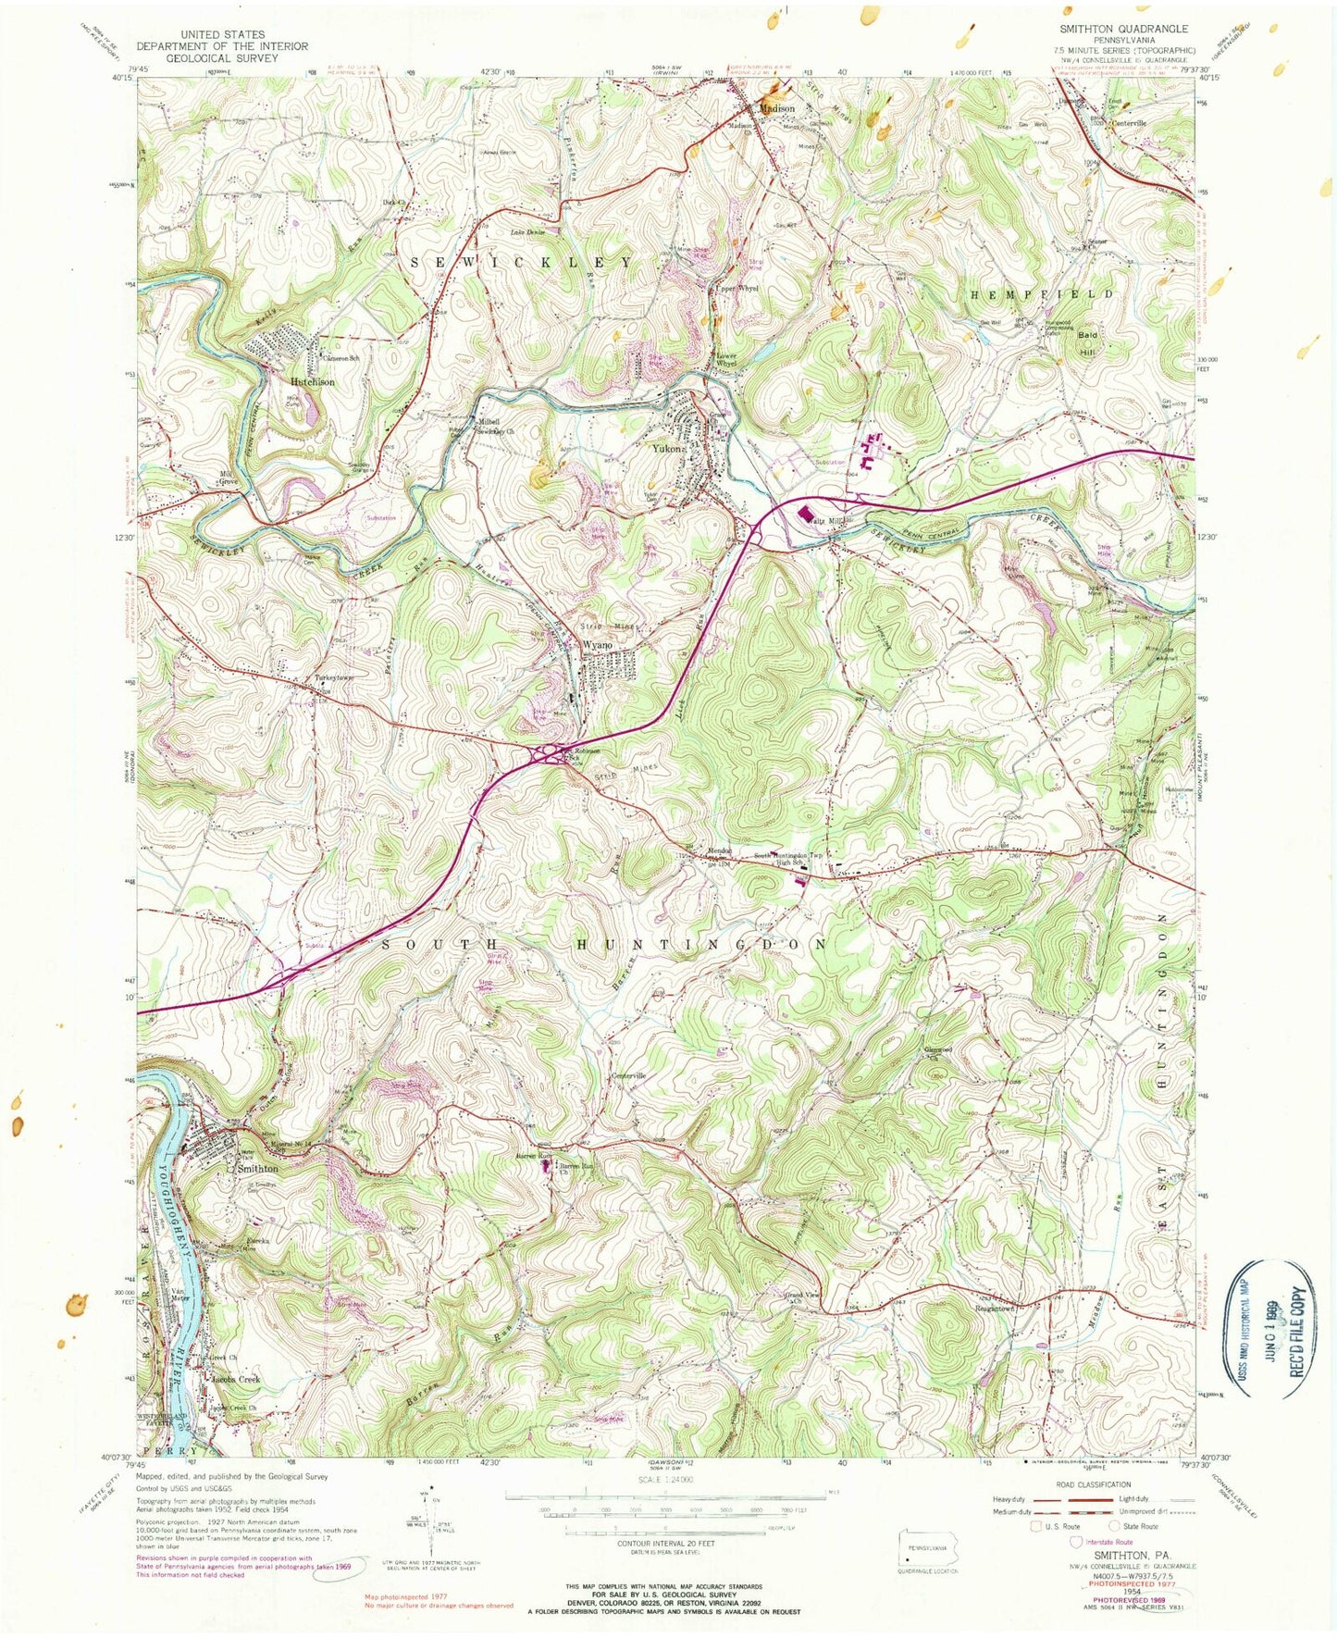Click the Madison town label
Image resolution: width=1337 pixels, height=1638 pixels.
click(x=776, y=108)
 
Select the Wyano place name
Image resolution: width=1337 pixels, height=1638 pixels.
click(x=598, y=644)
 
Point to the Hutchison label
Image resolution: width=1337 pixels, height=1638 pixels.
click(x=312, y=381)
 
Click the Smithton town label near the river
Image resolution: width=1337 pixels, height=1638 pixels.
click(x=258, y=1168)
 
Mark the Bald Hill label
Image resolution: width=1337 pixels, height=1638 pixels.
click(x=1086, y=343)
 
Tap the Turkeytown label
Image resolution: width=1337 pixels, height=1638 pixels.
click(x=335, y=677)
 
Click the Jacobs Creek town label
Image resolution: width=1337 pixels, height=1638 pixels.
click(x=236, y=1379)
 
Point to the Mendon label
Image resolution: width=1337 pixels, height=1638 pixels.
click(x=720, y=851)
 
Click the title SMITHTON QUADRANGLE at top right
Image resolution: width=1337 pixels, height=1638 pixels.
click(x=1124, y=30)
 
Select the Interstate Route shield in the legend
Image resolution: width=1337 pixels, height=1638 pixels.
click(x=1075, y=1542)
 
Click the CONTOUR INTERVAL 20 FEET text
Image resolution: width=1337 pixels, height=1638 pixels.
click(x=665, y=1544)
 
